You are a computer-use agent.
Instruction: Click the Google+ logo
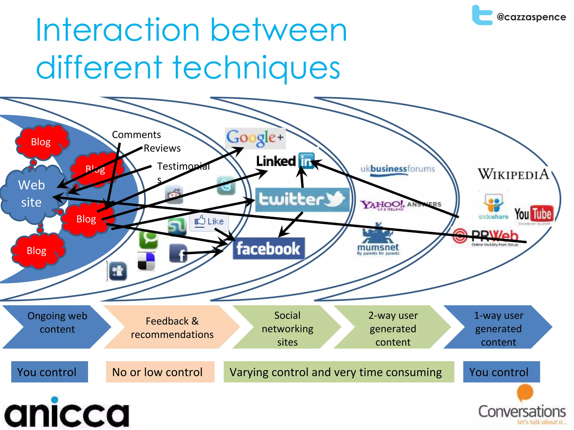point(255,138)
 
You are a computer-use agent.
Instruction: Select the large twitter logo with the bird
point(302,200)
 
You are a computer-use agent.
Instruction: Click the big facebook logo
point(269,249)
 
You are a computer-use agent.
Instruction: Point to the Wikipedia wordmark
point(513,174)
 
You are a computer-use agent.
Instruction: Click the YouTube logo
point(534,214)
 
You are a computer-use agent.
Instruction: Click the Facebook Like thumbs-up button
point(209,221)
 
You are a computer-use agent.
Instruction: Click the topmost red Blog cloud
point(41,142)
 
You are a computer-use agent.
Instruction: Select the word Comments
point(136,135)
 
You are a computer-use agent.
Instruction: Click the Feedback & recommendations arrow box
point(172,327)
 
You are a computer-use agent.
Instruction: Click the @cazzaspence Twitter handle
point(531,17)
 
